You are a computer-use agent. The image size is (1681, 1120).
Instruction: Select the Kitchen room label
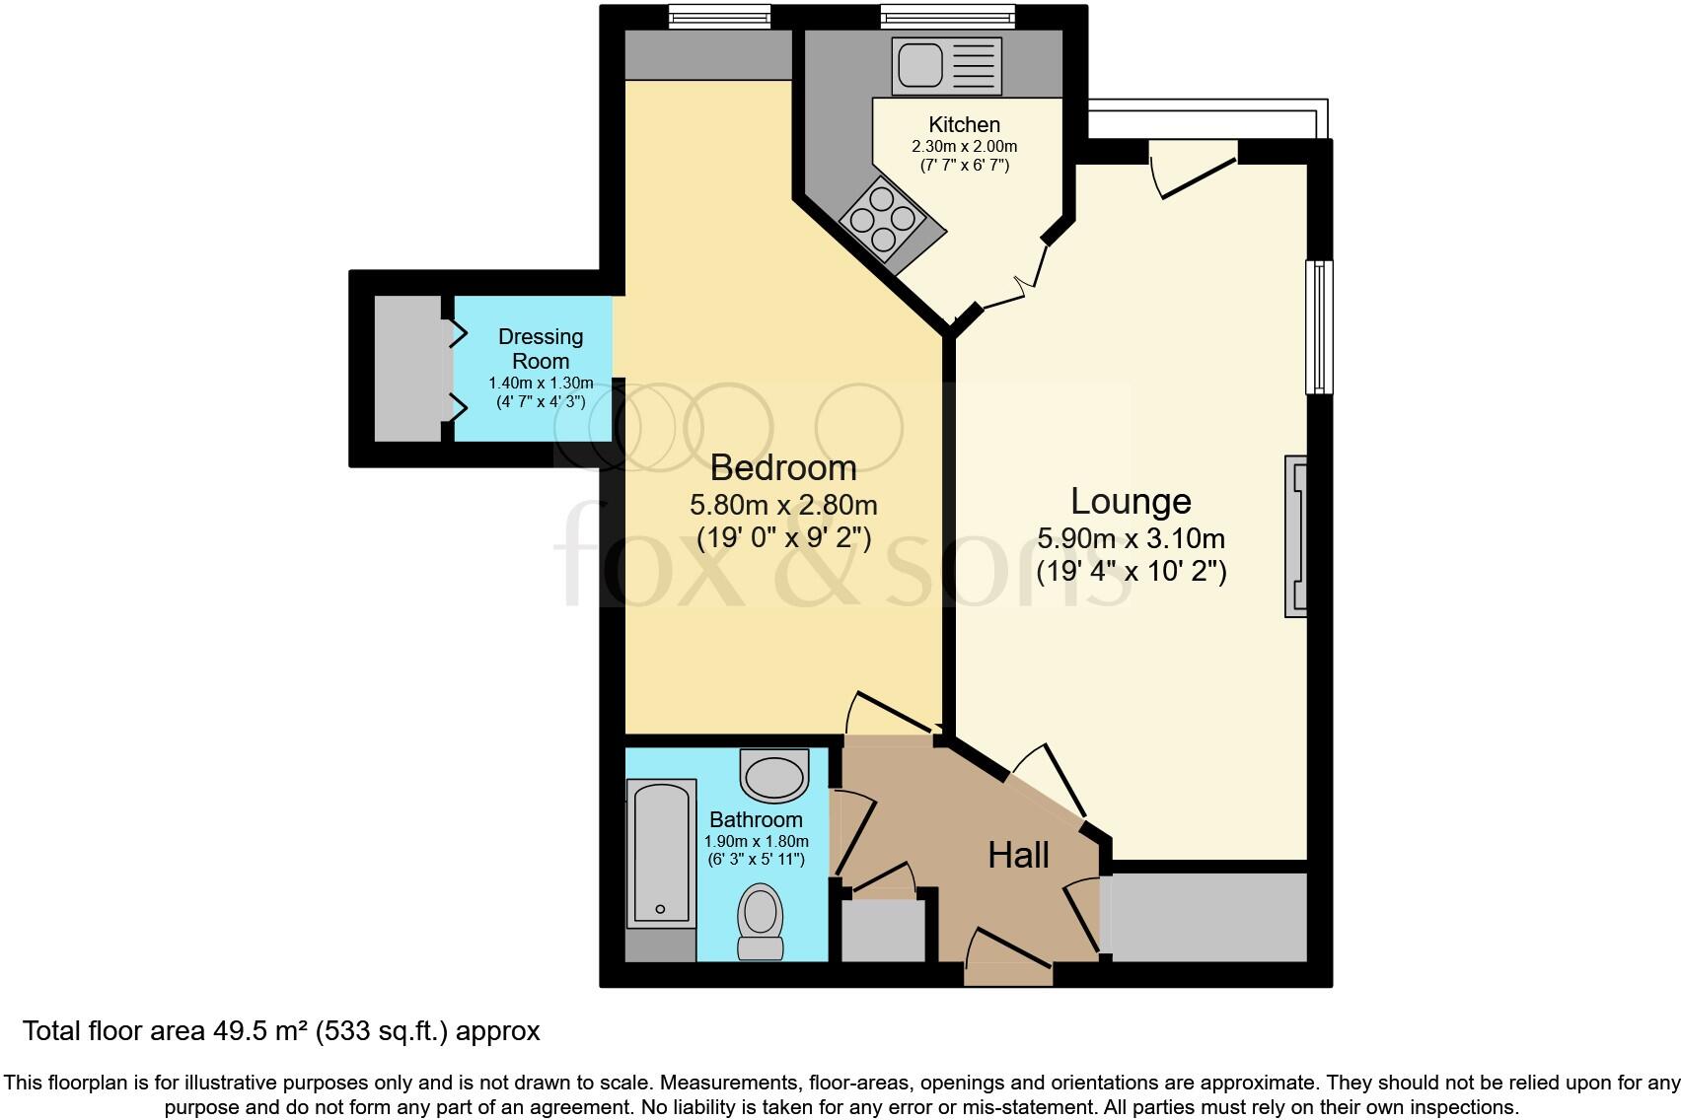pos(964,125)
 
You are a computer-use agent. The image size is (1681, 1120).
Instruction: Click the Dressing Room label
pos(541,349)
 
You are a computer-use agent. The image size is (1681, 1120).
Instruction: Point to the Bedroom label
pos(783,467)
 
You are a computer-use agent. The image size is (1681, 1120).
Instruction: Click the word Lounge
pos(1131,502)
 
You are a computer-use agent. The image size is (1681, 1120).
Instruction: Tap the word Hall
pos(1018,856)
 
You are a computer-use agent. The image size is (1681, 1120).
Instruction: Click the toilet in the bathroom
pos(761,920)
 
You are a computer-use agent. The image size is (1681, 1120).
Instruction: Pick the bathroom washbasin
pos(774,776)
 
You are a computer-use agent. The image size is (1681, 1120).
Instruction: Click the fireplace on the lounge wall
pos(1295,535)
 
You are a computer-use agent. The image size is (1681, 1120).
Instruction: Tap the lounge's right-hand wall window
pos(1319,326)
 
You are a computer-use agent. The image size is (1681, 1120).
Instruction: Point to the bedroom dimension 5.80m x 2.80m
pos(783,506)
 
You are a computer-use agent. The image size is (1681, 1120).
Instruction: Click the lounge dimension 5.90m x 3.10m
pos(1131,539)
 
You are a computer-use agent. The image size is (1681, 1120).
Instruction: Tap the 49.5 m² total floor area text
pos(281,1031)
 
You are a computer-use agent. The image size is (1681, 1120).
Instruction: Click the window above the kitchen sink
pos(946,15)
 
